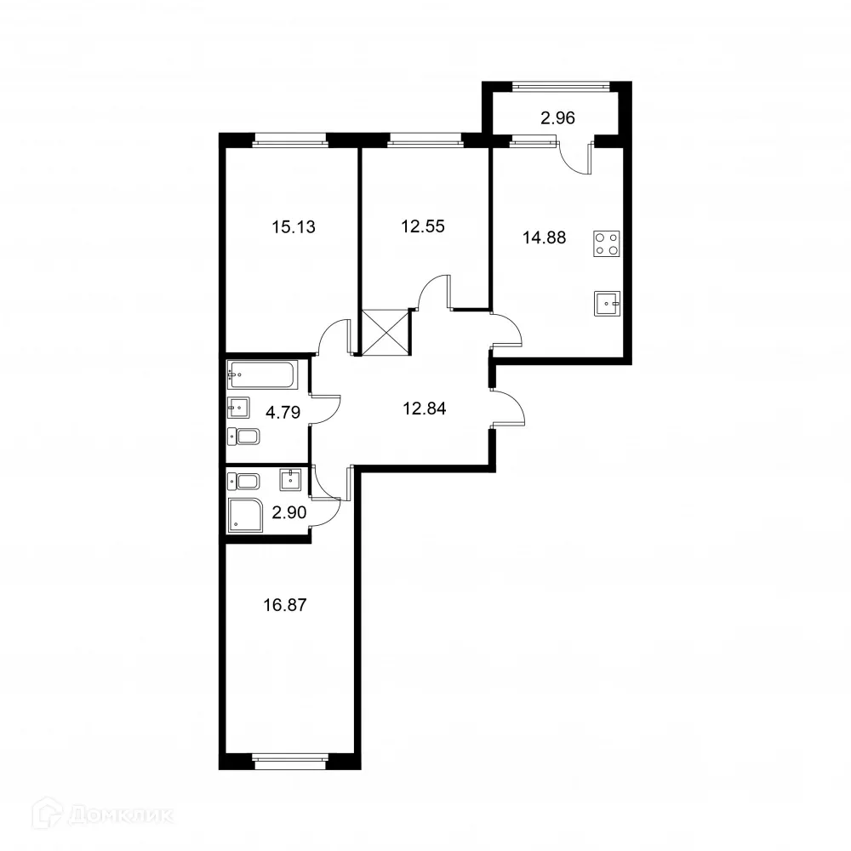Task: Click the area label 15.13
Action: (x=288, y=226)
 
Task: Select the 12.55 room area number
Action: (x=424, y=226)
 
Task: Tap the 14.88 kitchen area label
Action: (x=544, y=237)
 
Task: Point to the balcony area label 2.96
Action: (x=558, y=118)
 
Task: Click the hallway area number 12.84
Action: (x=424, y=408)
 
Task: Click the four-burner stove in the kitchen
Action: (x=607, y=244)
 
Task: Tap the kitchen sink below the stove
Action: (x=608, y=301)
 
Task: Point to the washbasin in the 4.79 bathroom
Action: (x=239, y=408)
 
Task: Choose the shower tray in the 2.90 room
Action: (x=248, y=515)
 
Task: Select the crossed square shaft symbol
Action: (x=386, y=333)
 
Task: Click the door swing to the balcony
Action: (x=576, y=160)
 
